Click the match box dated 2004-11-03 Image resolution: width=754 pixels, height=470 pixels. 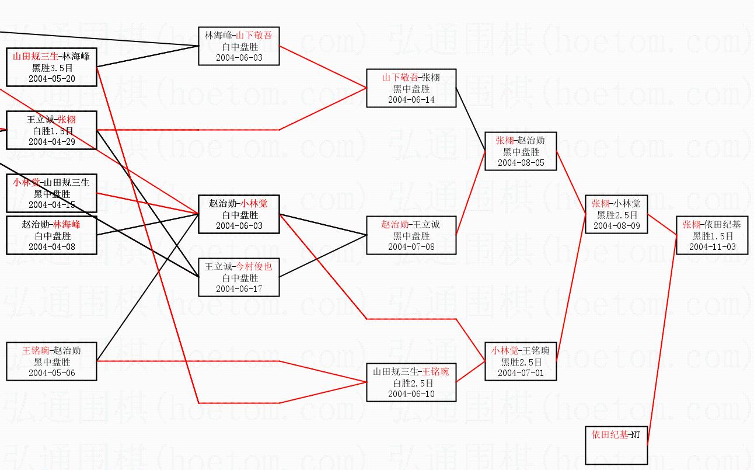[712, 235]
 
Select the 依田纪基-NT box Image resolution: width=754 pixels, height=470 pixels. [616, 445]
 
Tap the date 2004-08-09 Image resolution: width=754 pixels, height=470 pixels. [617, 225]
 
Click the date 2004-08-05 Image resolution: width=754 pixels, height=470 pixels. [521, 163]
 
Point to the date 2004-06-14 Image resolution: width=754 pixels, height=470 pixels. [411, 99]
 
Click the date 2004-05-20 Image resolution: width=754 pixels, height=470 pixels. [51, 79]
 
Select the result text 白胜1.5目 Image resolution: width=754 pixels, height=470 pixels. [51, 131]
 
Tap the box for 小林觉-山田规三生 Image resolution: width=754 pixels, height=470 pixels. [51, 193]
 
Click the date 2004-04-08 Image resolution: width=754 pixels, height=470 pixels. [51, 246]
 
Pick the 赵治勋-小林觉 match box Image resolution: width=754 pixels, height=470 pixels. [239, 214]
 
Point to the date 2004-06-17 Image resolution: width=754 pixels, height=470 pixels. [239, 288]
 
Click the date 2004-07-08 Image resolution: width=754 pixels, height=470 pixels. [411, 246]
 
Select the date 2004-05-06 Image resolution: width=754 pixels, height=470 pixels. [51, 372]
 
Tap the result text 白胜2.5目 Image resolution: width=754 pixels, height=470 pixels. [411, 383]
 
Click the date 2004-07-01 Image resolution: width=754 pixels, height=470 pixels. [521, 372]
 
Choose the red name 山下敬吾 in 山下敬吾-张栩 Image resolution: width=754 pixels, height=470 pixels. [400, 78]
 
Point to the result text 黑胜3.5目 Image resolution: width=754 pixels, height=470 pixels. [51, 68]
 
